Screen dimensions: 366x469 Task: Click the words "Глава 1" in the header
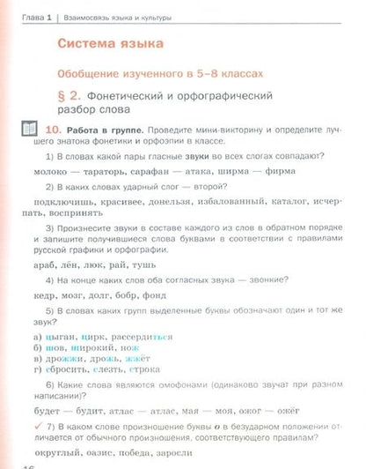point(32,17)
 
